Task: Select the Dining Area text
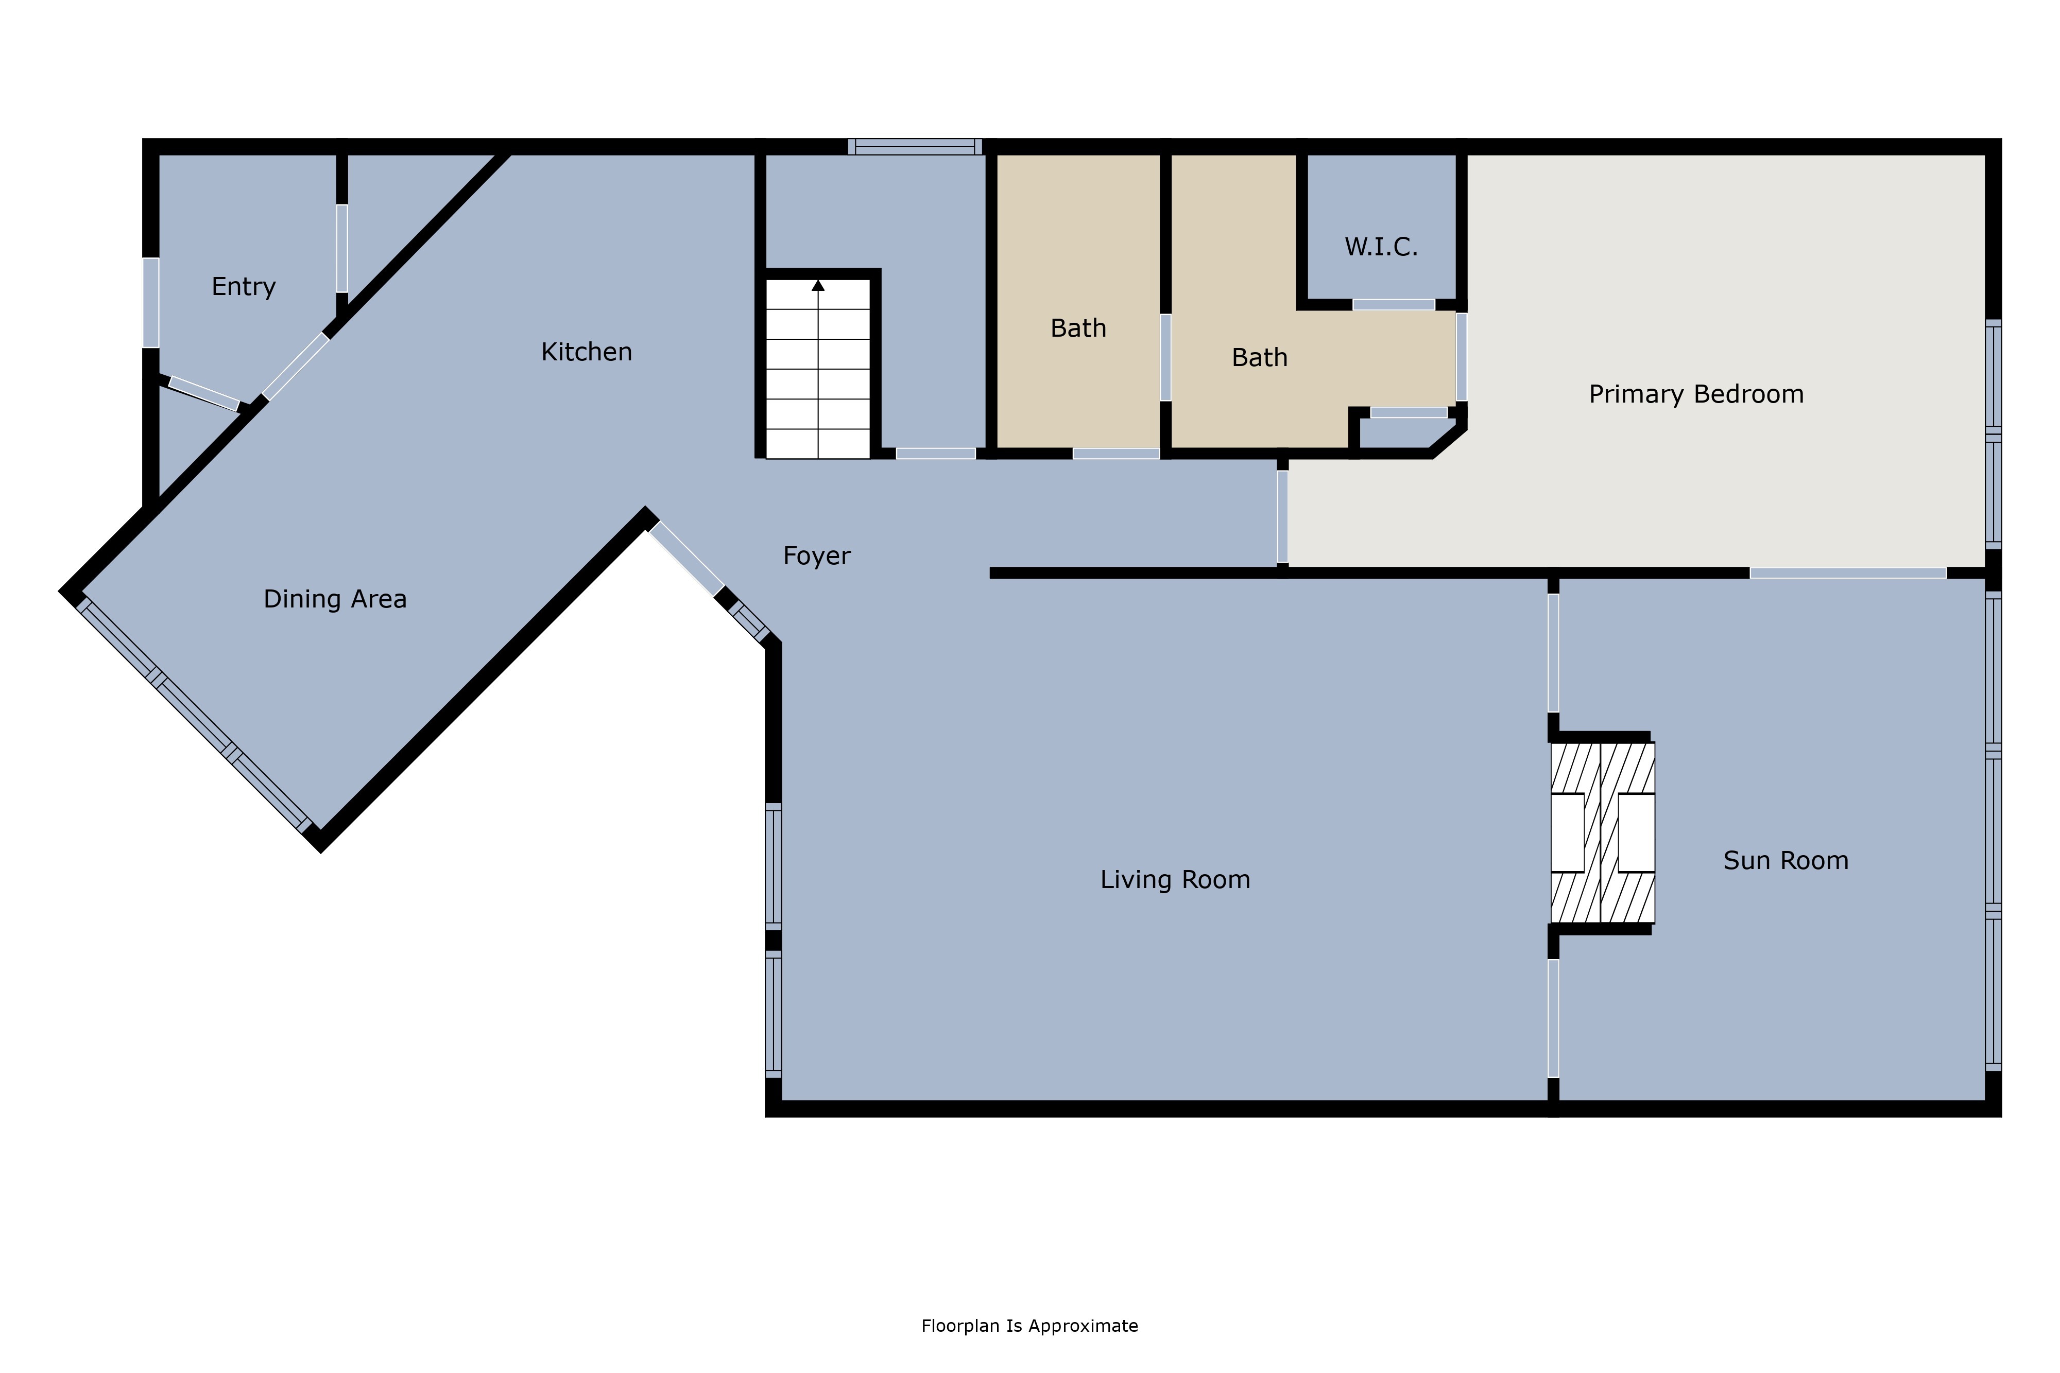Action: click(x=335, y=599)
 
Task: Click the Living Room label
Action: click(x=1175, y=879)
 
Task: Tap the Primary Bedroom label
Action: click(x=1696, y=394)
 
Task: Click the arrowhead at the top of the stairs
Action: click(x=818, y=285)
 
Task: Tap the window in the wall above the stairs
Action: click(x=915, y=146)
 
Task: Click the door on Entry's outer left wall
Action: click(x=151, y=302)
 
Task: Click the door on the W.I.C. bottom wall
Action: click(x=1394, y=305)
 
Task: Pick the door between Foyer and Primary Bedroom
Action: click(x=1282, y=517)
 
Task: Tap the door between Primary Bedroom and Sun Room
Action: click(x=1848, y=572)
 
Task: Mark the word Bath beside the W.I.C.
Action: click(x=1260, y=357)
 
